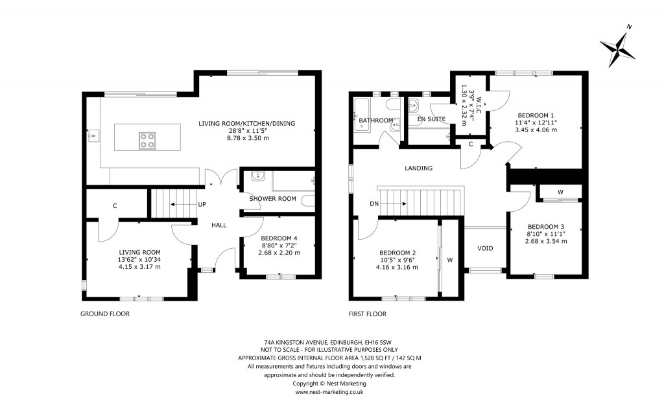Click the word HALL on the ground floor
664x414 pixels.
tap(219, 225)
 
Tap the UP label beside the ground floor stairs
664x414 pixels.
tap(202, 204)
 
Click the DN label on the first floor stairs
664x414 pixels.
tap(374, 204)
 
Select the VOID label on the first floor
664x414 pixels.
tap(486, 247)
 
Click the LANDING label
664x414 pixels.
tap(418, 168)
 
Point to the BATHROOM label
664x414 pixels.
tap(376, 121)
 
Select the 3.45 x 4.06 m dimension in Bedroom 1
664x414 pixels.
tap(536, 130)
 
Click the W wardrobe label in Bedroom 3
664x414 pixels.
tap(560, 192)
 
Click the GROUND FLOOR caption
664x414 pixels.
tap(105, 314)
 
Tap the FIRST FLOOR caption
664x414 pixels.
tap(367, 314)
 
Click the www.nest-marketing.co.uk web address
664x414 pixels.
tap(329, 392)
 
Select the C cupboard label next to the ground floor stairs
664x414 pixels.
tap(115, 206)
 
